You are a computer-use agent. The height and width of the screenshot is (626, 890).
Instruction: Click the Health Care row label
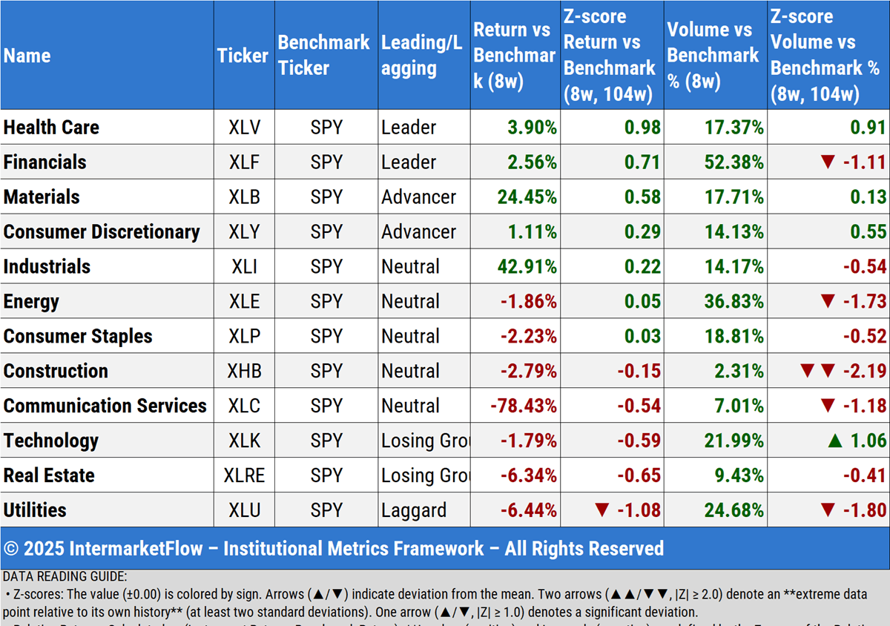[51, 128]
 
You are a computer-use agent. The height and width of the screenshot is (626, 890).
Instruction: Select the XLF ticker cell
[244, 162]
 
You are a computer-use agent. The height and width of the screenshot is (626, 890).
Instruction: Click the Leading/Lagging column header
[422, 56]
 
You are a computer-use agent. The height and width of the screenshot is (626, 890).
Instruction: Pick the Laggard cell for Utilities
[414, 510]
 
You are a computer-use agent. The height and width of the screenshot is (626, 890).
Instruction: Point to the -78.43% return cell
[523, 406]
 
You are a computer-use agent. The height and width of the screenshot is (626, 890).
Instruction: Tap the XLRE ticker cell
[244, 475]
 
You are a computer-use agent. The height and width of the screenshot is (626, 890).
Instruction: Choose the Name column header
[27, 56]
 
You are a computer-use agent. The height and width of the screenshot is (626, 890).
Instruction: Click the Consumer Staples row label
[78, 336]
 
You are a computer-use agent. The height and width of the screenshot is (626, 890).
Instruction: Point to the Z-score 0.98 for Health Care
[642, 128]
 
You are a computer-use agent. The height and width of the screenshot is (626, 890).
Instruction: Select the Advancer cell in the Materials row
[419, 197]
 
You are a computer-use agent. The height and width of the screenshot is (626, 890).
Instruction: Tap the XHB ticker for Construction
[244, 371]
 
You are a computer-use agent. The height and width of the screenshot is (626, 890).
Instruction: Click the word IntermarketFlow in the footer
[142, 549]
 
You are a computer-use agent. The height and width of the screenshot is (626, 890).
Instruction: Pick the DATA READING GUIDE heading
[65, 576]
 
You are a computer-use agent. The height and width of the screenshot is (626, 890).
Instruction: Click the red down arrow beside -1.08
[602, 510]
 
